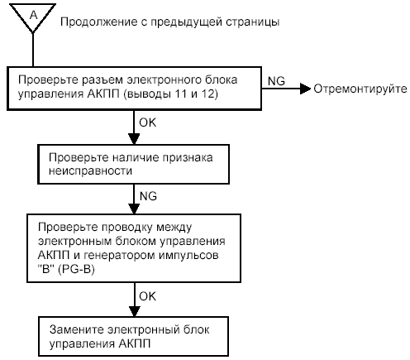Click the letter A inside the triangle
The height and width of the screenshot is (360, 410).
[33, 15]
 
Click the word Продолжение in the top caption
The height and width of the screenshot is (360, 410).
[98, 22]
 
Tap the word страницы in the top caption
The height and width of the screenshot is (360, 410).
[253, 22]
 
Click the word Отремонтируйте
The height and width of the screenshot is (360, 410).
[360, 89]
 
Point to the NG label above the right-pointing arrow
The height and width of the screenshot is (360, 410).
[276, 81]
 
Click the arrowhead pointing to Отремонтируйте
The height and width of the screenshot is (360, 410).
[306, 89]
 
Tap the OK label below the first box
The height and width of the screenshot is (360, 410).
[147, 122]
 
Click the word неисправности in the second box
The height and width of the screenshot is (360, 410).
[90, 171]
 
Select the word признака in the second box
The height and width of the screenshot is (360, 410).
[188, 157]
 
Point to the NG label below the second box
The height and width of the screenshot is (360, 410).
[148, 196]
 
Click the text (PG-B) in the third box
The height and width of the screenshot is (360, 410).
[76, 269]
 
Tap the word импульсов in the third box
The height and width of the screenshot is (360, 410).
[188, 255]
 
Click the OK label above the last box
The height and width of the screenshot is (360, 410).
[147, 296]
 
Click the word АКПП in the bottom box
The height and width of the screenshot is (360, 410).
[135, 343]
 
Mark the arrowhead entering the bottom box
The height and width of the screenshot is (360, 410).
[134, 311]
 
